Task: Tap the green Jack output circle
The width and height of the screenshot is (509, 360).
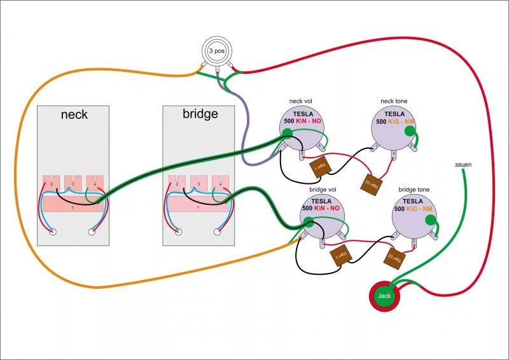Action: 384,296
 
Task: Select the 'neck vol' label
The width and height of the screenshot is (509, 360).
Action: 300,101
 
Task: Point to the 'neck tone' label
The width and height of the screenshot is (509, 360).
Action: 394,101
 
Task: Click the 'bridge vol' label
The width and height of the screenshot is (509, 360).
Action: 323,190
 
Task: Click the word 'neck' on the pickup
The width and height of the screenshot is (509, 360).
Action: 74,115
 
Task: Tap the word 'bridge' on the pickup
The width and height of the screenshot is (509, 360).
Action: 200,114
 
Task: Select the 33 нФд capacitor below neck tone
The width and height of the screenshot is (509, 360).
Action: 370,183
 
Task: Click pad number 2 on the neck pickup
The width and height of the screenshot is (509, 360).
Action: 52,183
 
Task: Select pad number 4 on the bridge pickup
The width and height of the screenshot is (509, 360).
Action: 220,183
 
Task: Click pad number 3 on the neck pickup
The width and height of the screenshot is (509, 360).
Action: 73,183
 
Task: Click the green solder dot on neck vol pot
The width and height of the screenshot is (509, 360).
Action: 288,133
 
